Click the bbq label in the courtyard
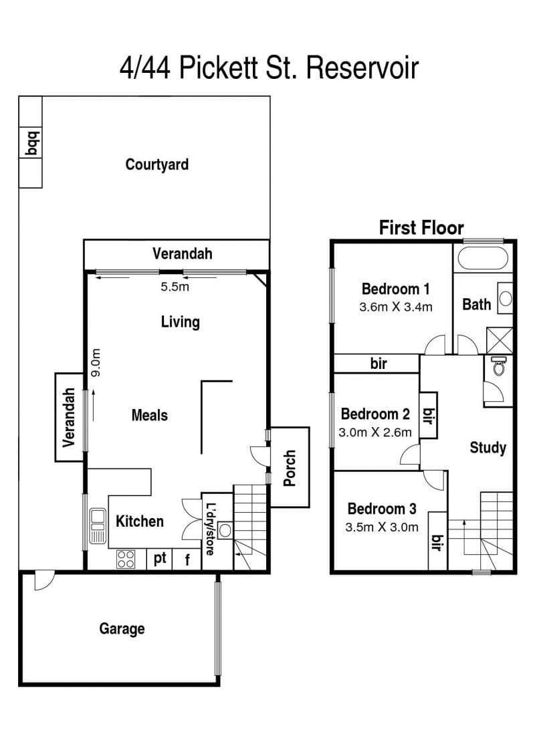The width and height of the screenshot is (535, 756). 32,143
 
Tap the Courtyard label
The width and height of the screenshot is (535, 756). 156,164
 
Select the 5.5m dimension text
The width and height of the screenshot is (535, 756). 175,287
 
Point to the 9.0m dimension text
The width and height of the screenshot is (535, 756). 96,363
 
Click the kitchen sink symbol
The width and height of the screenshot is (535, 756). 98,526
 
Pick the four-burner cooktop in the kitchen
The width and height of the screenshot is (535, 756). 126,559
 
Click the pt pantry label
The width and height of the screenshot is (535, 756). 160,558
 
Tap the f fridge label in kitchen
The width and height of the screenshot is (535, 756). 187,559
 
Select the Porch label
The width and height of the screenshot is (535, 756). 290,468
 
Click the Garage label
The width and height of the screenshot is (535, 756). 122,629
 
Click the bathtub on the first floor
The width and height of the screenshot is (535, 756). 482,259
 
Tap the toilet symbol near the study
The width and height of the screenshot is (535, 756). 498,366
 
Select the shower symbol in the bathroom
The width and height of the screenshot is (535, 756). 500,341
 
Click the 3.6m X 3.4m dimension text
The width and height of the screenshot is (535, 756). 396,307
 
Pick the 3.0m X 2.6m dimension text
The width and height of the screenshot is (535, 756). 375,432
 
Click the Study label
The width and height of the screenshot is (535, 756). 488,448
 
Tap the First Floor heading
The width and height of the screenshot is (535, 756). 421,227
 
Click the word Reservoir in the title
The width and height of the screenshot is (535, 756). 362,68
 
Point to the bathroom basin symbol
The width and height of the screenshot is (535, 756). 505,299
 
